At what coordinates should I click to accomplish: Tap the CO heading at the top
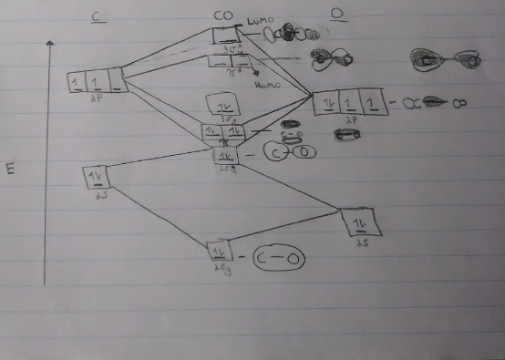222,15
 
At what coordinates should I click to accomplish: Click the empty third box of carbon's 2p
119,82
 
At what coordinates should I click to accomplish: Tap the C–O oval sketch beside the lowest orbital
278,261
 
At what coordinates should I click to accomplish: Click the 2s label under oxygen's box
362,243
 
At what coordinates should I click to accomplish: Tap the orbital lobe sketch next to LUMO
290,35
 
